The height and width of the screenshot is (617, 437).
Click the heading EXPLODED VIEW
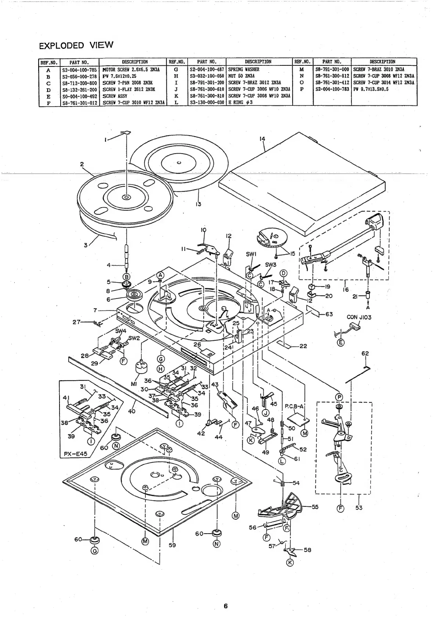76,46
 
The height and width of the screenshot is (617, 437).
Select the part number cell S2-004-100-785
79,69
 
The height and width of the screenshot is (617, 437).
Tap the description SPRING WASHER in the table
243,69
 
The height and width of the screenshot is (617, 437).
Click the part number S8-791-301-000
332,69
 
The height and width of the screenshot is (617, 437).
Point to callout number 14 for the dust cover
262,139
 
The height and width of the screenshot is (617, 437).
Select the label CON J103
359,317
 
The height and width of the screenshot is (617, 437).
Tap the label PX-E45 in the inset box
76,454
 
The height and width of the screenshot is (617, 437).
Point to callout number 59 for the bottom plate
172,545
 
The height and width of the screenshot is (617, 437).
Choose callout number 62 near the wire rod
365,354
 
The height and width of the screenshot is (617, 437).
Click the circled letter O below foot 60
95,551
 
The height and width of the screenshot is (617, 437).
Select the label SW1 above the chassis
251,254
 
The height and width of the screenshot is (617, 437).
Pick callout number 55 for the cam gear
315,507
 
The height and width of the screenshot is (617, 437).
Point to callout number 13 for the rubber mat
198,204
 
